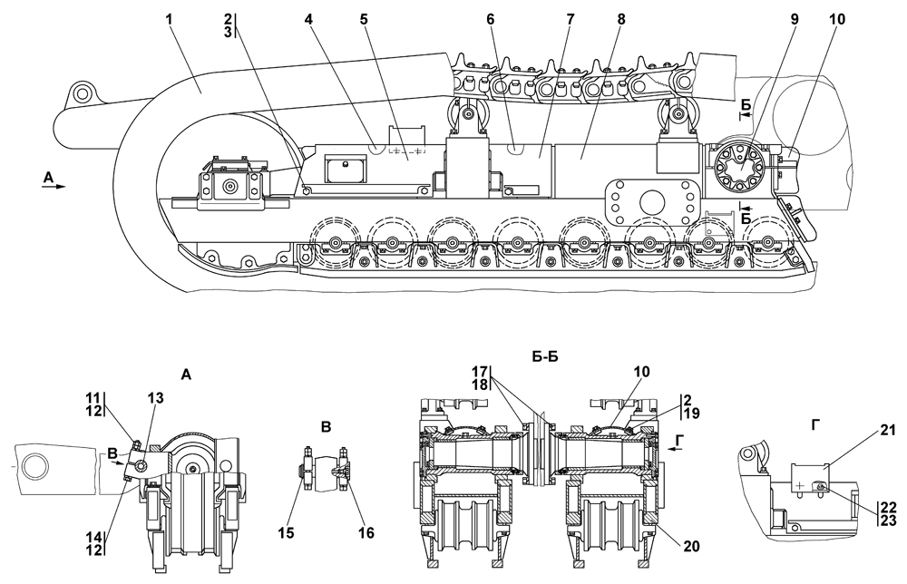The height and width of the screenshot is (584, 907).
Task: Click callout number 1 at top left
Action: tap(170, 19)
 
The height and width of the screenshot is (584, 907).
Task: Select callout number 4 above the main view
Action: tap(309, 19)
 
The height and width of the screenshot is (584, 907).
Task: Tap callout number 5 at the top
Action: tap(364, 19)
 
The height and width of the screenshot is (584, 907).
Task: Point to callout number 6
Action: tap(491, 19)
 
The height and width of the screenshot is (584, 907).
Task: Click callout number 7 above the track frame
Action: tap(571, 19)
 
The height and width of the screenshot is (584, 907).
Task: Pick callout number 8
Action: tap(621, 19)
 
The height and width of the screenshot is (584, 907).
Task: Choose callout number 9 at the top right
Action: tap(795, 19)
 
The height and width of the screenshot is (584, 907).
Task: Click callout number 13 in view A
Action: tap(155, 398)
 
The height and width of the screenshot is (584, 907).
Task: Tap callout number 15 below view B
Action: tap(287, 532)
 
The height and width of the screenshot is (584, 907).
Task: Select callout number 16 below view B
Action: tap(366, 532)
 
